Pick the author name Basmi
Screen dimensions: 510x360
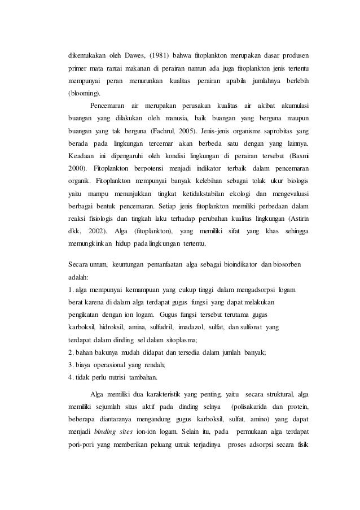click(x=303, y=154)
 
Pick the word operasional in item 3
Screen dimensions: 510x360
click(x=116, y=364)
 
